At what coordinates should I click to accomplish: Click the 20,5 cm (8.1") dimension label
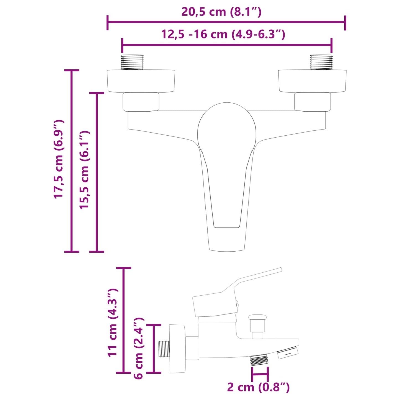[x=221, y=12]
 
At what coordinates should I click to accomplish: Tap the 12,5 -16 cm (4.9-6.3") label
[x=223, y=34]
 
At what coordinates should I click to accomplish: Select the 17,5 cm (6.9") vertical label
[x=59, y=159]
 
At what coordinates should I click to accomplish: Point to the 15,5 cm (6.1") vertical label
[x=84, y=170]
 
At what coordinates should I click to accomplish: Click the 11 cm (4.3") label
[x=113, y=322]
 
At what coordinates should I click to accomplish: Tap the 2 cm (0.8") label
[x=258, y=387]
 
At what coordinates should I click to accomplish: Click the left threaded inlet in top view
[x=132, y=62]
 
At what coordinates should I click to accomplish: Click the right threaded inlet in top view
[x=321, y=62]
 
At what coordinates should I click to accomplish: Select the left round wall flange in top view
[x=141, y=81]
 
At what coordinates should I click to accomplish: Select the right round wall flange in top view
[x=312, y=81]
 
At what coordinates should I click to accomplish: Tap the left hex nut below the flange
[x=141, y=102]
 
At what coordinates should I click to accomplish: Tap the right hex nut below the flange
[x=313, y=102]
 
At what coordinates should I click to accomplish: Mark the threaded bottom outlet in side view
[x=259, y=361]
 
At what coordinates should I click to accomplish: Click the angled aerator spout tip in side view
[x=288, y=353]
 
